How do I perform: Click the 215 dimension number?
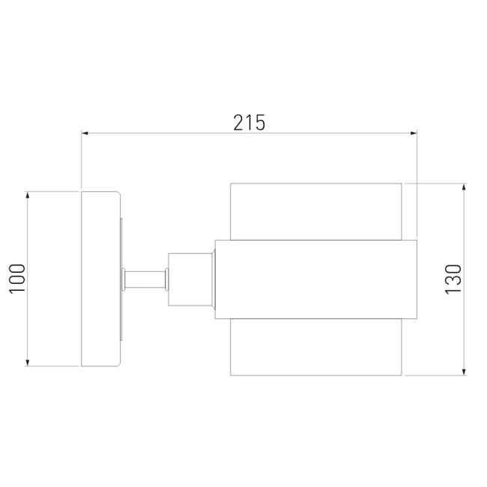point(249,122)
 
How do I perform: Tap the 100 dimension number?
point(17,279)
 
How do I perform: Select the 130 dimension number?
point(453,279)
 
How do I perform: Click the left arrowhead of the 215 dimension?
point(85,133)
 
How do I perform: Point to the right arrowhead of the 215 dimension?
point(414,133)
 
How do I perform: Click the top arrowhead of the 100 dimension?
point(28,195)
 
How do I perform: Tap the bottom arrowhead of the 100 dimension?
point(28,363)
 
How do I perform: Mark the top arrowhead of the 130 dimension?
point(464,187)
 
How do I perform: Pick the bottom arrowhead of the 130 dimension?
point(464,372)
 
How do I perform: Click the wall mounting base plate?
point(100,279)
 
